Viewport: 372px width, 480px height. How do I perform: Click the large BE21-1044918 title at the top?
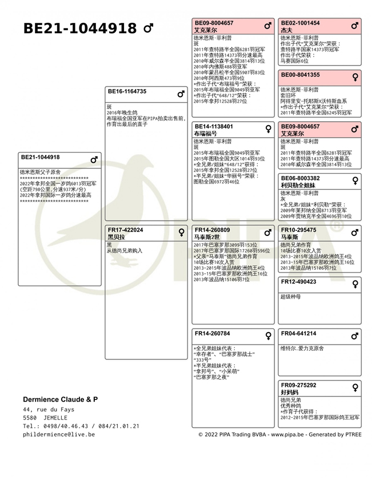pyautogui.click(x=79, y=29)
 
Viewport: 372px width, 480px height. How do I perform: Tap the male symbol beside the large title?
pyautogui.click(x=148, y=28)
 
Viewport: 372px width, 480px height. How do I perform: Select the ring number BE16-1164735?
pyautogui.click(x=127, y=91)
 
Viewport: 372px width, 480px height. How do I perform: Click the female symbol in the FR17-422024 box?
pyautogui.click(x=182, y=231)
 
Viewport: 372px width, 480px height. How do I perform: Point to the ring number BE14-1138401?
pyautogui.click(x=214, y=126)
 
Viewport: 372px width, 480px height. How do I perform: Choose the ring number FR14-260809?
pyautogui.click(x=212, y=230)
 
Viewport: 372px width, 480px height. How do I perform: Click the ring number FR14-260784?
pyautogui.click(x=212, y=333)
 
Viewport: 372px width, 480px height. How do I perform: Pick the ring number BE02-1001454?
pyautogui.click(x=300, y=23)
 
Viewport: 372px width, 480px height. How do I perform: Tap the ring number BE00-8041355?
pyautogui.click(x=300, y=75)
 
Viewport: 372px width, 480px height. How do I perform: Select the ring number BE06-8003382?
pyautogui.click(x=300, y=178)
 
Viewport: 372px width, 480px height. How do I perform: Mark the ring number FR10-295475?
pyautogui.click(x=298, y=230)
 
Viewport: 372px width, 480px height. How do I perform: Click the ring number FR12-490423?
pyautogui.click(x=298, y=282)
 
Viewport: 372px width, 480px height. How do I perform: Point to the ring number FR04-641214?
pyautogui.click(x=298, y=333)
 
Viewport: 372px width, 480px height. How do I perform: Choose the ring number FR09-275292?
pyautogui.click(x=298, y=385)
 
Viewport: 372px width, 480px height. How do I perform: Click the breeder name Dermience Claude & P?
pyautogui.click(x=60, y=399)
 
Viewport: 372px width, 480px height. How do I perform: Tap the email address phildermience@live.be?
pyautogui.click(x=59, y=434)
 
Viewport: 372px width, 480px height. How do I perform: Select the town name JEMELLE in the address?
pyautogui.click(x=55, y=418)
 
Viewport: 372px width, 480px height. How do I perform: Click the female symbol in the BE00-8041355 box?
pyautogui.click(x=355, y=76)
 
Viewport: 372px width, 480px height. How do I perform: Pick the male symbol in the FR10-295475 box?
pyautogui.click(x=355, y=231)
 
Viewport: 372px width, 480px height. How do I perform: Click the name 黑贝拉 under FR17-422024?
pyautogui.click(x=116, y=237)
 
